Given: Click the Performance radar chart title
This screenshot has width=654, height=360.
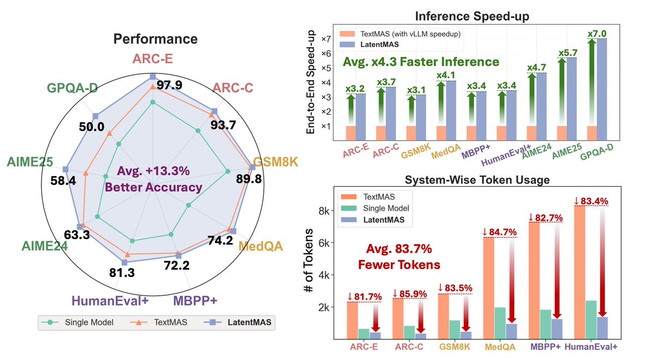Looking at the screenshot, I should pyautogui.click(x=155, y=39).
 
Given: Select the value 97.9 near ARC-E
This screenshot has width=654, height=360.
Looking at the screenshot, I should pyautogui.click(x=169, y=86).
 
